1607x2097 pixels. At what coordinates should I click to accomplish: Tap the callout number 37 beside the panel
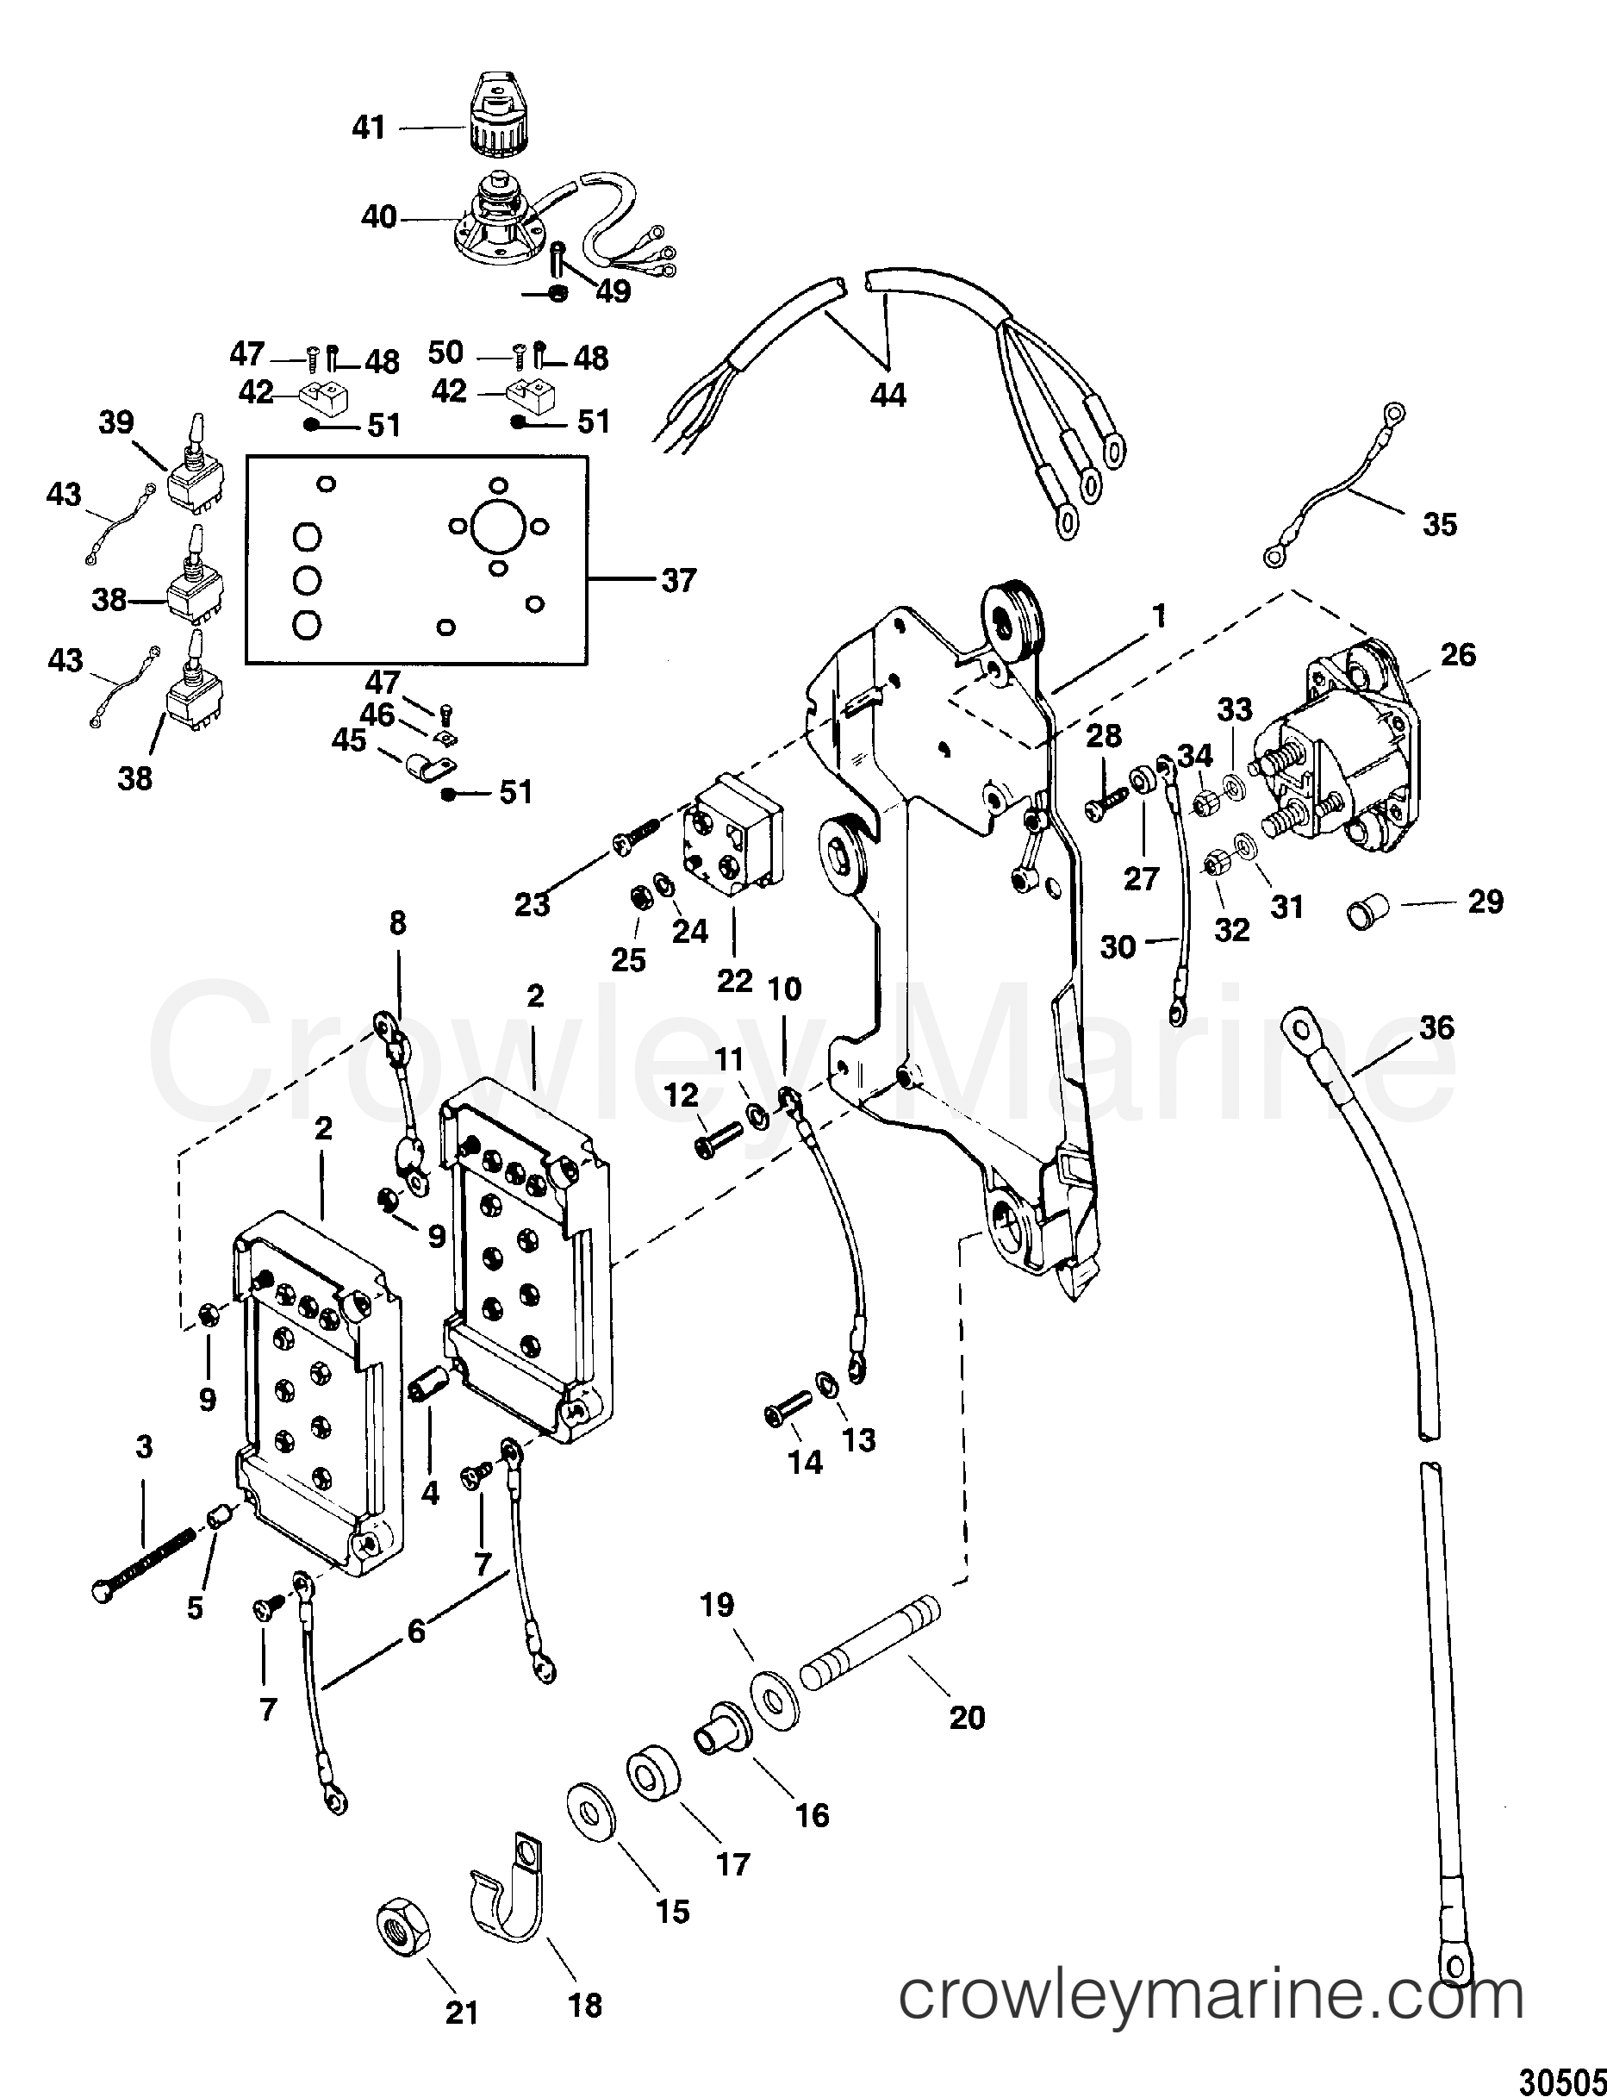(679, 581)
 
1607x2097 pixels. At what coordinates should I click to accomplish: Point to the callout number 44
(888, 394)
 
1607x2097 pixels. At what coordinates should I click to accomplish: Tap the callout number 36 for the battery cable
(1436, 1027)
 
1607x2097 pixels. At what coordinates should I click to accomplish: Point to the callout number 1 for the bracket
(1158, 616)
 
